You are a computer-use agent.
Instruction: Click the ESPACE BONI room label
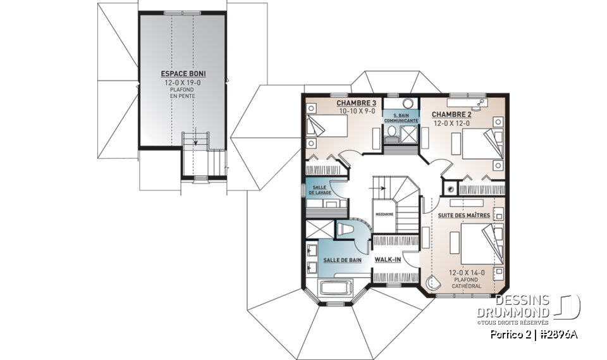[183, 73]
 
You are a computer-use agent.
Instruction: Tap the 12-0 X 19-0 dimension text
[183, 82]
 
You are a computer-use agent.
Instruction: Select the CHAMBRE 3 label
[356, 103]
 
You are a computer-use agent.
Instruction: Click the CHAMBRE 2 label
[451, 115]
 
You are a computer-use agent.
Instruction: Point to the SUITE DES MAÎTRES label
[463, 216]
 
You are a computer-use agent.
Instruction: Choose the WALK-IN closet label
[388, 259]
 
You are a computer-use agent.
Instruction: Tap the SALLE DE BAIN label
[342, 260]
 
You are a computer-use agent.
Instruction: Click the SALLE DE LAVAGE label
[320, 190]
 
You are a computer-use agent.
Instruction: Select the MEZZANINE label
[384, 214]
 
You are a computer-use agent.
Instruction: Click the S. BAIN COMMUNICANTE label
[401, 118]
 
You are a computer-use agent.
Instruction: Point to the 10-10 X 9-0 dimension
[357, 111]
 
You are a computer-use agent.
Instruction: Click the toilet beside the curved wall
[346, 229]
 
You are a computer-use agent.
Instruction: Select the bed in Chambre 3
[327, 126]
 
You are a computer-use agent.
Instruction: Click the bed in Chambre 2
[482, 144]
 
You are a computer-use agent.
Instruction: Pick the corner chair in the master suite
[432, 283]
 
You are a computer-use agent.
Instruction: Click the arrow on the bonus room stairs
[195, 137]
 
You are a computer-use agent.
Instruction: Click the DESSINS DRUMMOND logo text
[513, 306]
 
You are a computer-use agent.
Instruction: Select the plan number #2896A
[558, 334]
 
